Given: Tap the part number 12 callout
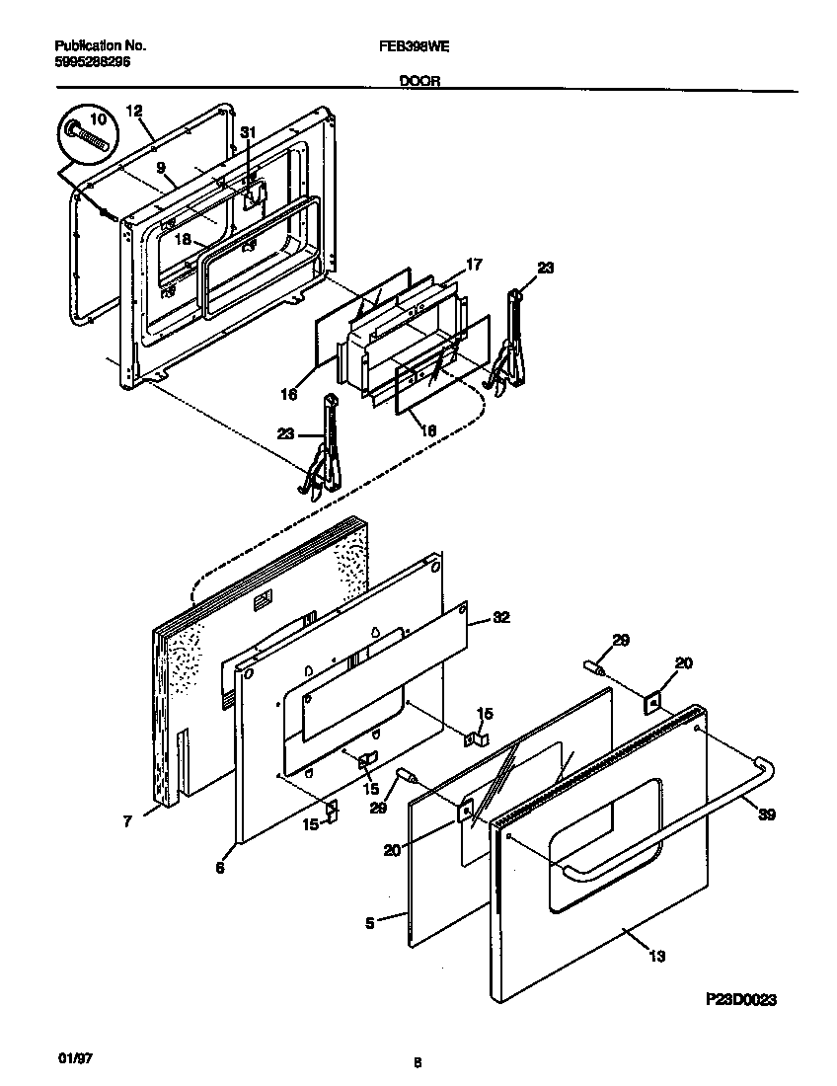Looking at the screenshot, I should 135,112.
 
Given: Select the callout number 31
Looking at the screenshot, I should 248,133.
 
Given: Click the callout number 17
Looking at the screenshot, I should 474,264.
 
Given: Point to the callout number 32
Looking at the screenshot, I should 500,618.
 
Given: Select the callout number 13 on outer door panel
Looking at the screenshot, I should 657,955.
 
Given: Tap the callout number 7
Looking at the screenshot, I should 128,820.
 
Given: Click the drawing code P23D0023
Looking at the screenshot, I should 740,999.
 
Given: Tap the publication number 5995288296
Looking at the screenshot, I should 91,61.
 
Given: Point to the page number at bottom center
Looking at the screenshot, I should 418,1063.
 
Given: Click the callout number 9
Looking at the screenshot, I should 160,168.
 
